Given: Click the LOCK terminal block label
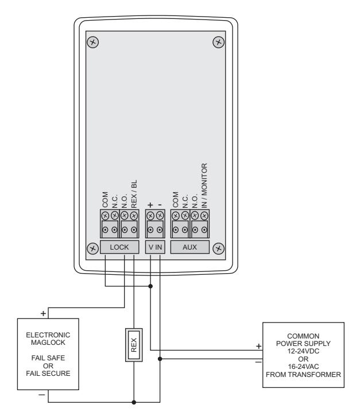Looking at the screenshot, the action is coord(119,247).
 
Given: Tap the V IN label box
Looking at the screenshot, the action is coord(155,247).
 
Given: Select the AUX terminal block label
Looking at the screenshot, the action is coord(189,247).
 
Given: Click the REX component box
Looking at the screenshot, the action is coord(134,345).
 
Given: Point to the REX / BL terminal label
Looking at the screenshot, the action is coord(134,194).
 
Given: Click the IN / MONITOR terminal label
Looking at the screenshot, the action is coord(204,185).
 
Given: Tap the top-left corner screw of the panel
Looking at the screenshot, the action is coord(92,42).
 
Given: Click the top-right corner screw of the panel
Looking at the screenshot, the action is coord(219,42).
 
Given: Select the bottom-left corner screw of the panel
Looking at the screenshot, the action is coord(92,248).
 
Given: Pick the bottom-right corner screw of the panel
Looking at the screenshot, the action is coord(219,248).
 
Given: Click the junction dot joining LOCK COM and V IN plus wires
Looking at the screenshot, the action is coord(150,286).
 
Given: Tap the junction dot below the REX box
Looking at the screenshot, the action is coord(134,402).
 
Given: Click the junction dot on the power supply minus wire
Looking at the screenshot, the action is coord(160,359).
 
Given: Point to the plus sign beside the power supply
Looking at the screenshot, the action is coord(258,346).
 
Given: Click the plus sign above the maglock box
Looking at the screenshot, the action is coord(43,314).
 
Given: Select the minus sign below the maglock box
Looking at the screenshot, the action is coord(42,395).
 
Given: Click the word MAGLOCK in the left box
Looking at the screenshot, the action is coord(48,343).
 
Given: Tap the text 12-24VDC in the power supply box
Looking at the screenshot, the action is coord(303,351).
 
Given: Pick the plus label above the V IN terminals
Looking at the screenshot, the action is coord(150,205).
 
